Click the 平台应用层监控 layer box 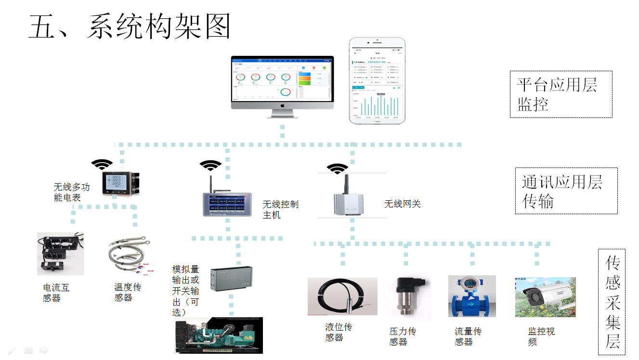tap(561, 94)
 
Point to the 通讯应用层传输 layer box tap(566, 191)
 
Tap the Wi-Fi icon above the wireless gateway tap(337, 169)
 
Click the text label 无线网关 tap(402, 204)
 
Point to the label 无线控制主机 tap(280, 209)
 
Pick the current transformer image tap(60, 253)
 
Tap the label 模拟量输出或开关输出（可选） tap(186, 291)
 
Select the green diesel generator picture tap(218, 335)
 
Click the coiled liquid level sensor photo tap(342, 296)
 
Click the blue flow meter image tap(471, 296)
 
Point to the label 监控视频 tap(541, 337)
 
